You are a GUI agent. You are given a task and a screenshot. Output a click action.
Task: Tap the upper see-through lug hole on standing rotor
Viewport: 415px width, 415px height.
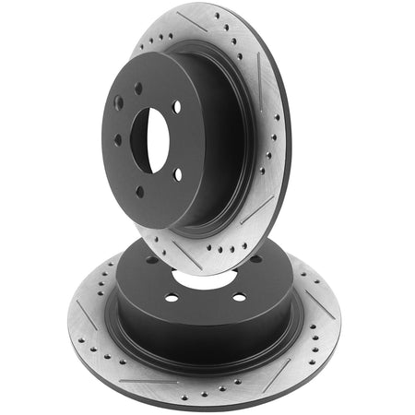coord(177,107)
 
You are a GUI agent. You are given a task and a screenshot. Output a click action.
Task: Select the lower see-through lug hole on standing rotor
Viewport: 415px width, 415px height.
coord(177,175)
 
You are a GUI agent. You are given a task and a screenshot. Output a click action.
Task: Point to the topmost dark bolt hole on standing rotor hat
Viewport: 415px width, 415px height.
coord(137,89)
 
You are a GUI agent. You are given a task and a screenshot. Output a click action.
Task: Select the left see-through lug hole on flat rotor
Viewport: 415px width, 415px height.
coord(172,298)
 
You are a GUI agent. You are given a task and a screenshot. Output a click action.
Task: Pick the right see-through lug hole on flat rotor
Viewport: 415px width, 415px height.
coord(239,297)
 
